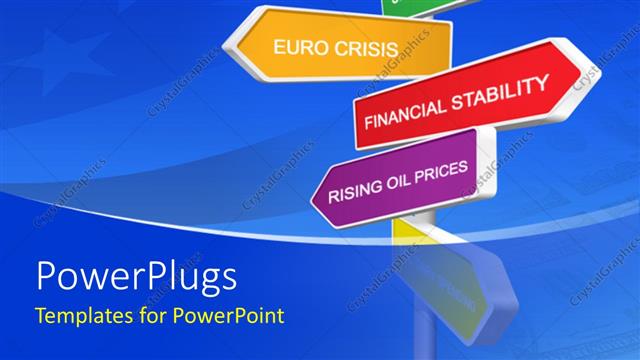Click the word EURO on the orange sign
click(301, 46)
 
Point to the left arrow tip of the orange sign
click(229, 42)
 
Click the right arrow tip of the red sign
click(586, 76)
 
